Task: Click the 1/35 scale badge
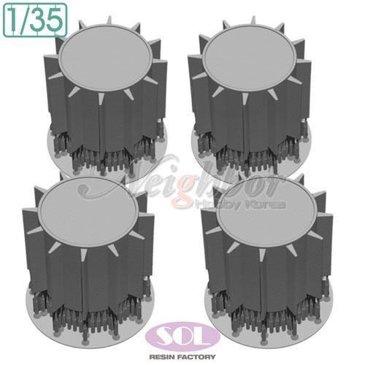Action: tap(35, 20)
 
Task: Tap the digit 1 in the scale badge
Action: tap(14, 20)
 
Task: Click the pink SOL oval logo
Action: tap(182, 337)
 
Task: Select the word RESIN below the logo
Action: tap(162, 357)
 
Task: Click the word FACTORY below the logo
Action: tap(197, 357)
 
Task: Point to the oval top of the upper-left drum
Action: tap(107, 58)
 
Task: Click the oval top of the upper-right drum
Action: tap(250, 58)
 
